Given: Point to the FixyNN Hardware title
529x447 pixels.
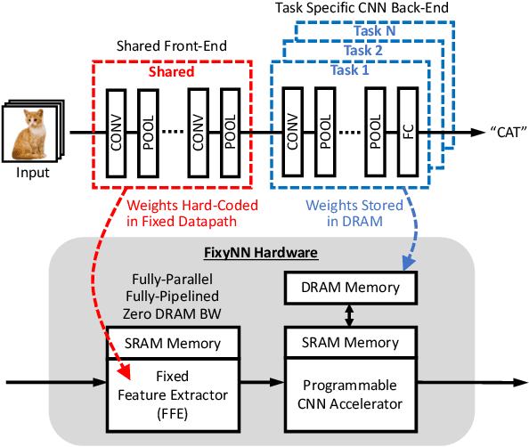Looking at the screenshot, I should tap(264, 253).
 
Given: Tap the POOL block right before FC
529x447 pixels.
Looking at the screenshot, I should tap(375, 132).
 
